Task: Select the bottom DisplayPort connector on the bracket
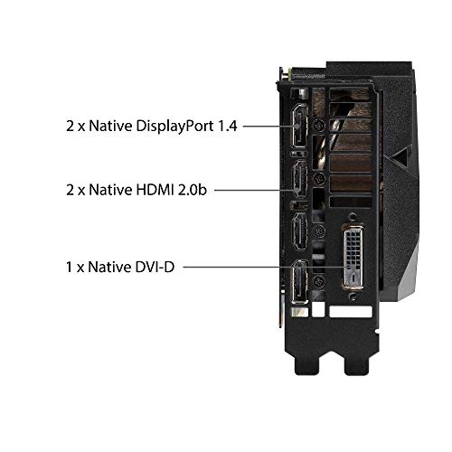(300, 281)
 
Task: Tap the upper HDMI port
(300, 178)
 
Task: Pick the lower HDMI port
(300, 231)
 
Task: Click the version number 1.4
(227, 126)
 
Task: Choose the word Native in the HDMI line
(110, 190)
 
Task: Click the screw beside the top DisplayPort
(319, 125)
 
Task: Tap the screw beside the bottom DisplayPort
(319, 282)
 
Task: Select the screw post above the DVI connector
(353, 217)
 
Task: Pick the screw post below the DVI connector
(353, 297)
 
